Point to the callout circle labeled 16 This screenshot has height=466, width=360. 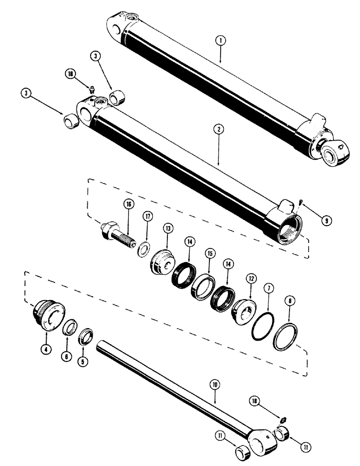tap(127, 204)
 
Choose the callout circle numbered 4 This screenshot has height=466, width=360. tap(46, 349)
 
